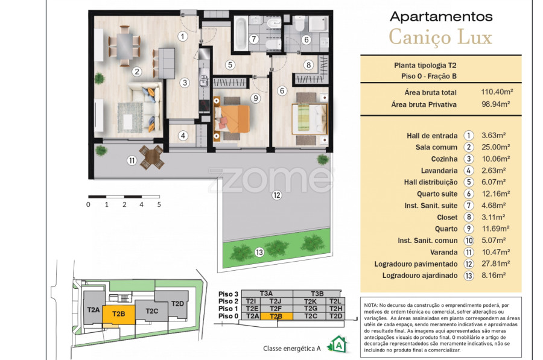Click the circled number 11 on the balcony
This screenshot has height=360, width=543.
click(132, 160)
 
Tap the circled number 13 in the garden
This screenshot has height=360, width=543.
click(259, 252)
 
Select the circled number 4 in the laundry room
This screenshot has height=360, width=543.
click(183, 136)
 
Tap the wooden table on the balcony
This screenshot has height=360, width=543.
click(151, 157)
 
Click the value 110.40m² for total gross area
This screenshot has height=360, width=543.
click(497, 92)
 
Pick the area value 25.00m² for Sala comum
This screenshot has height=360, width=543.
click(495, 147)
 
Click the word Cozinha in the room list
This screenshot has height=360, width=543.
click(444, 159)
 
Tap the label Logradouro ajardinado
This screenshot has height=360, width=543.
click(420, 276)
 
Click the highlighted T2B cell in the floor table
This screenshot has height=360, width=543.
click(276, 316)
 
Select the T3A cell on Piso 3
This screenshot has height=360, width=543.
click(267, 294)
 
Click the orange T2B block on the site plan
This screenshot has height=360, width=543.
click(119, 315)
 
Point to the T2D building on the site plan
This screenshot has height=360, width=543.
click(177, 303)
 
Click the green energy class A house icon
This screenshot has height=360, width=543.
click(338, 344)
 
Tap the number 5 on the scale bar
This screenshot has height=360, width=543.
click(159, 204)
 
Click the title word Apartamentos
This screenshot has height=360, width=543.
click(441, 17)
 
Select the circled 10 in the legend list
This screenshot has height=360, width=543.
click(469, 241)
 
